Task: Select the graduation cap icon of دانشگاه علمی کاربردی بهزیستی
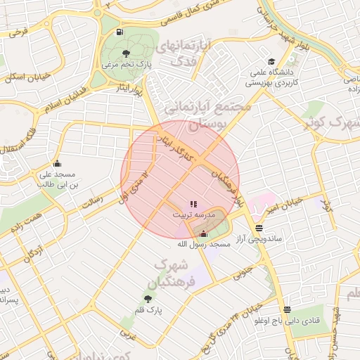click(x=271, y=61)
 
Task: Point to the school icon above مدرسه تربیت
click(x=193, y=204)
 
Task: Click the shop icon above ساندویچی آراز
click(x=259, y=228)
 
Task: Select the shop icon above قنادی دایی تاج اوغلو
click(x=287, y=310)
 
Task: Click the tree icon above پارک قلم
click(x=147, y=299)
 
